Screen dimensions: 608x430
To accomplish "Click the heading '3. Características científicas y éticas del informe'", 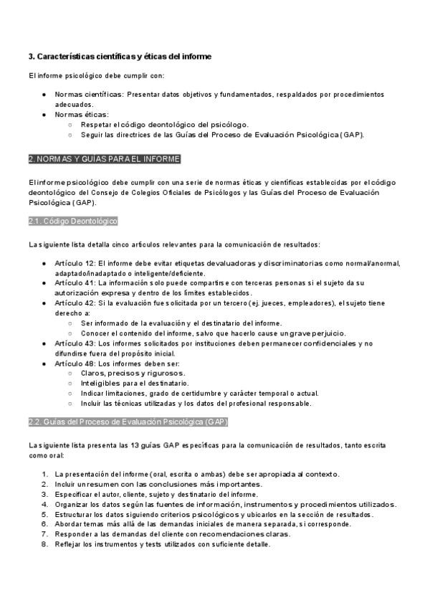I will point(120,57).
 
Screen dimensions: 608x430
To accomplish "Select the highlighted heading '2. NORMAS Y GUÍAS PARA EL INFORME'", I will point(105,158).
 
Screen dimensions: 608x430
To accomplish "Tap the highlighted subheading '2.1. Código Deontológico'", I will point(73,222).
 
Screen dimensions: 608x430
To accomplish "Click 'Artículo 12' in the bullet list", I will point(75,264).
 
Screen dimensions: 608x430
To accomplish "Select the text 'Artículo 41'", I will point(75,283).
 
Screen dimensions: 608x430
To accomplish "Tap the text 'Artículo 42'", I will point(75,303).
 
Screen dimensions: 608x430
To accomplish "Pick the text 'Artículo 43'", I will point(75,343).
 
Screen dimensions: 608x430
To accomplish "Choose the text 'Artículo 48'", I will point(75,364).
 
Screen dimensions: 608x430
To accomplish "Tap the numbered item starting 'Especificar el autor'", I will point(156,494).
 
